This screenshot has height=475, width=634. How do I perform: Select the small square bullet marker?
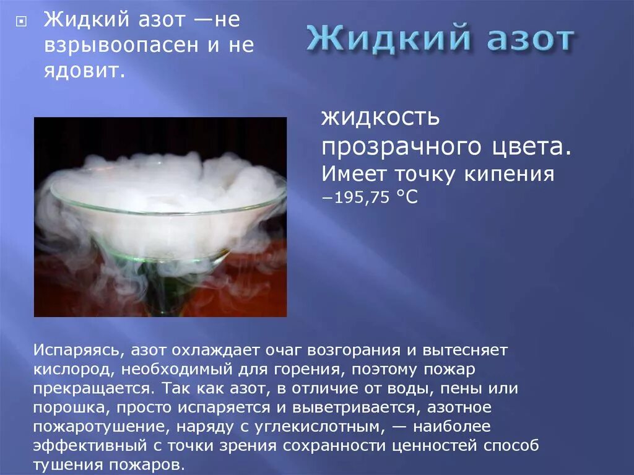(20, 20)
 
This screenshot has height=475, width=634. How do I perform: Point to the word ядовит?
(80, 72)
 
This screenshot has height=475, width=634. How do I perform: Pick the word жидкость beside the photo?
(380, 117)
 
